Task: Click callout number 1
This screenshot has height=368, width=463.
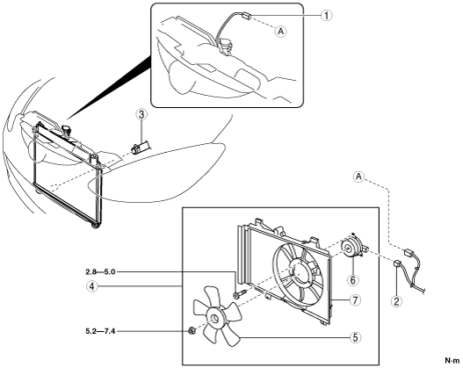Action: pyautogui.click(x=326, y=15)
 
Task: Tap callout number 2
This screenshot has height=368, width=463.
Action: pyautogui.click(x=396, y=301)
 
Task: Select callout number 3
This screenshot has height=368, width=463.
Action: pyautogui.click(x=141, y=114)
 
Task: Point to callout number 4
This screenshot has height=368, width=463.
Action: pyautogui.click(x=92, y=286)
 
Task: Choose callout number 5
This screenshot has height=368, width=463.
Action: pyautogui.click(x=355, y=337)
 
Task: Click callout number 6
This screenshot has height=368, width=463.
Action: pyautogui.click(x=353, y=279)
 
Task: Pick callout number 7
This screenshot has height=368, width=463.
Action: pyautogui.click(x=355, y=300)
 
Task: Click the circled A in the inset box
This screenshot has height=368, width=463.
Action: pyautogui.click(x=281, y=31)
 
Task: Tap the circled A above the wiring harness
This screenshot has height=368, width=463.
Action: pyautogui.click(x=358, y=177)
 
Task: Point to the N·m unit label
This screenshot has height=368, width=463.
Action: pyautogui.click(x=452, y=360)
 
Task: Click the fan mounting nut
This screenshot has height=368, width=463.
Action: pyautogui.click(x=192, y=331)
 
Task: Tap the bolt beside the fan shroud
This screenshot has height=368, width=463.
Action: pyautogui.click(x=240, y=294)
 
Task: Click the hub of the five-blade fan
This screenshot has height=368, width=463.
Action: pyautogui.click(x=213, y=319)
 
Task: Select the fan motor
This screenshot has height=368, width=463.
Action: pyautogui.click(x=353, y=246)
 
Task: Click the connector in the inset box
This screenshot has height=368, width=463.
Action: pyautogui.click(x=247, y=16)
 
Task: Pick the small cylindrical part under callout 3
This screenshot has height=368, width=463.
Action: pyautogui.click(x=141, y=147)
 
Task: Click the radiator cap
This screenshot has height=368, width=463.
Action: pyautogui.click(x=67, y=129)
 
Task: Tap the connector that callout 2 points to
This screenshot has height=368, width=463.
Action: pyautogui.click(x=397, y=263)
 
